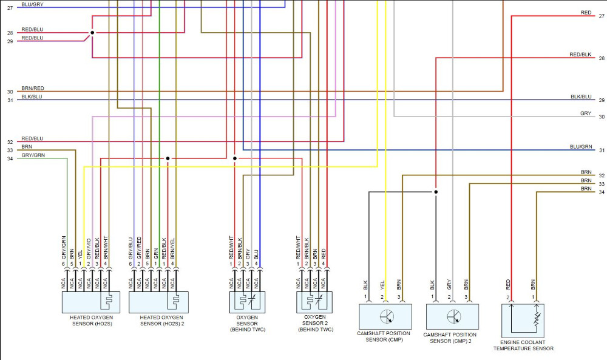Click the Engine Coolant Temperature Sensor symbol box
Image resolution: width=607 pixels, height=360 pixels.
tap(523, 320)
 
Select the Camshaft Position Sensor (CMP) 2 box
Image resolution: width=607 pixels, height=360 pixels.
tap(452, 316)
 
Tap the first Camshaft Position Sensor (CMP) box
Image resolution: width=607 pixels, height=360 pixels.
tap(385, 316)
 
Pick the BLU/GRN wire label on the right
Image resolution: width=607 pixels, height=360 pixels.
tap(580, 147)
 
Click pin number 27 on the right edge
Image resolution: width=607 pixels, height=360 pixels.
tap(601, 16)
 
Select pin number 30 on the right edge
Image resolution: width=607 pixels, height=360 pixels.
tap(601, 117)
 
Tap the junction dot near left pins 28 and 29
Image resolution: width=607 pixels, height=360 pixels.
tap(92, 33)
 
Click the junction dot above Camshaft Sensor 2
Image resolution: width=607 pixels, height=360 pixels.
tap(436, 192)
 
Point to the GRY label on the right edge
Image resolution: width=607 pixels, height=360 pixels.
tap(585, 114)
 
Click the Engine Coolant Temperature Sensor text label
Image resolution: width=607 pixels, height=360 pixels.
tap(523, 345)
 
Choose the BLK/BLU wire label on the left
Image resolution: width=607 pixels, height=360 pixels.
tap(32, 97)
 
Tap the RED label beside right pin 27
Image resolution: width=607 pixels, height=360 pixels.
tap(585, 13)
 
